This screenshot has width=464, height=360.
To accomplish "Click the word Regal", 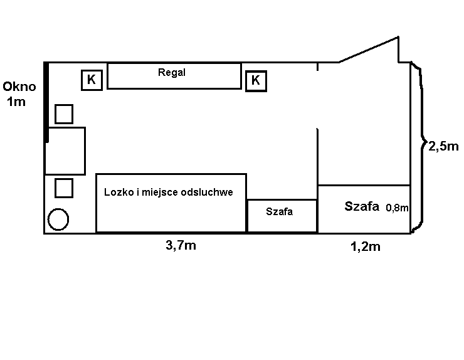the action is [172, 73].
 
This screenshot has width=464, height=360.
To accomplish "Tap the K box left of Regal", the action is [92, 80].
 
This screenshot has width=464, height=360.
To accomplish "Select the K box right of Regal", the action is [256, 81].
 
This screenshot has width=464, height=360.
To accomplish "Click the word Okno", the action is [19, 87].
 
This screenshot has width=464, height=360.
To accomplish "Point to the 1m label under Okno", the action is [16, 102].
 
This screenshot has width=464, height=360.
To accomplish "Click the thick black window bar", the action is [46, 102].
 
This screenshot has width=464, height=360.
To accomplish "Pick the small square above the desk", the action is [64, 114].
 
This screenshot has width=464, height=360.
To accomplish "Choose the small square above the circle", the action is [64, 188].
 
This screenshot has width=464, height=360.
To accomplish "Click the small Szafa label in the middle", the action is [280, 212].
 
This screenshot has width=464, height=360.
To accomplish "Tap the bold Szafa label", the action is [362, 206].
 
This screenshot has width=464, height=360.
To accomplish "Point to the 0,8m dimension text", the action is [397, 208].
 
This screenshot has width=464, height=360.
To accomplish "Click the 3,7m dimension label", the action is [181, 245].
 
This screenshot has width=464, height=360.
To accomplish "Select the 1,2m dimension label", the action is [366, 246].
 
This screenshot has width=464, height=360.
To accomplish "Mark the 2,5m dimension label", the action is [443, 146].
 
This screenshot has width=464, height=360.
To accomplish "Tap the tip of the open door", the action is [398, 37].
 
